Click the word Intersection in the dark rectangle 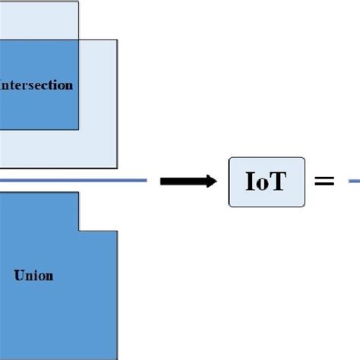38,85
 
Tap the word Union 33,275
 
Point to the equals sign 324,182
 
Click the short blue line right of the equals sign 354,181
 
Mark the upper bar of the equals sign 324,178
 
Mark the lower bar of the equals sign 324,185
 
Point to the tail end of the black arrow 162,181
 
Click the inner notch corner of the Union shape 79,231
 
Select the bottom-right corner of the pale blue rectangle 117,167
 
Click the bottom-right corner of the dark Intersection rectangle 78,129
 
